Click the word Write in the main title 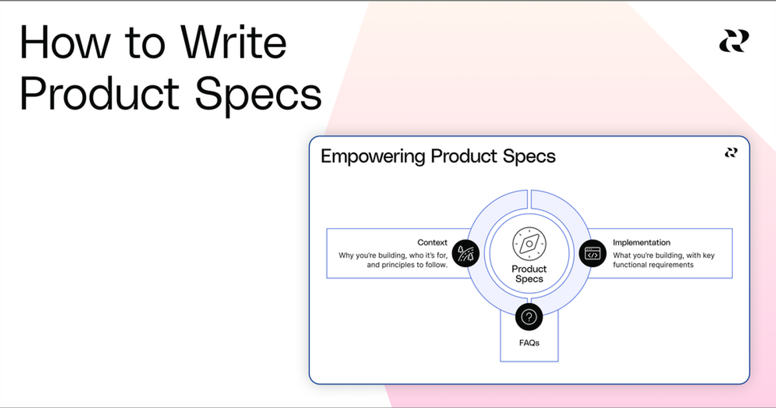point(233,43)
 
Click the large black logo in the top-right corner point(734,41)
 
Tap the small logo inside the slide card point(731,153)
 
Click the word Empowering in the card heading point(374,157)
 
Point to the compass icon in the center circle point(529,244)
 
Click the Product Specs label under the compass point(529,274)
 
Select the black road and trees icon point(466,253)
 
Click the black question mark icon point(529,317)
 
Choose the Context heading point(432,243)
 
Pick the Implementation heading point(641,243)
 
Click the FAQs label point(529,343)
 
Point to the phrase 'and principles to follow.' point(407,265)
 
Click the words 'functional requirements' point(653,265)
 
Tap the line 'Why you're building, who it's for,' point(393,255)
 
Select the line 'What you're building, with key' point(663,255)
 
